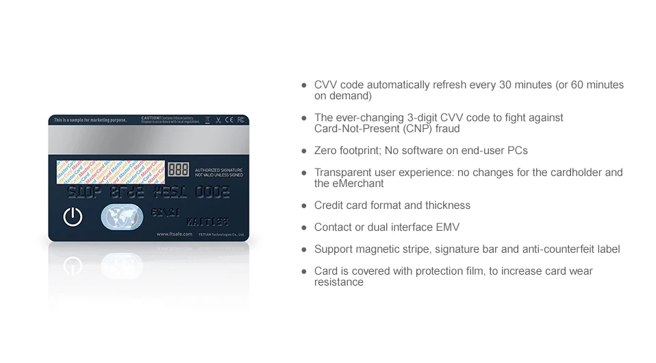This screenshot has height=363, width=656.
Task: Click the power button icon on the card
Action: [73, 216]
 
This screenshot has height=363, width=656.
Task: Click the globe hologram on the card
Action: [122, 217]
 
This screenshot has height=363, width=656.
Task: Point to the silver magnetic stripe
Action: [149, 142]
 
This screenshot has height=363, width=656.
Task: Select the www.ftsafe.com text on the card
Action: [174, 234]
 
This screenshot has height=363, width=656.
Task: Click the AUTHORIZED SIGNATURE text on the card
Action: [218, 170]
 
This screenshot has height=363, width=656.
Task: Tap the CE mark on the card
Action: [230, 121]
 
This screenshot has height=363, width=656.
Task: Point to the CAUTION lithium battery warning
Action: [171, 120]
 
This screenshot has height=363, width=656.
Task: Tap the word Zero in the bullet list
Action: [325, 151]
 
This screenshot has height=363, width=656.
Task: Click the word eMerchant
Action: [359, 184]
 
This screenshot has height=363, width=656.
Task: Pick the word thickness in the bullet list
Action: [446, 205]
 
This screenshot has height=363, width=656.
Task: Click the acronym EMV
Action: [448, 227]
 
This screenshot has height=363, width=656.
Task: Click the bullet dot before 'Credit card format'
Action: [304, 205]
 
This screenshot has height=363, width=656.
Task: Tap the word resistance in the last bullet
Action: [338, 282]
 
